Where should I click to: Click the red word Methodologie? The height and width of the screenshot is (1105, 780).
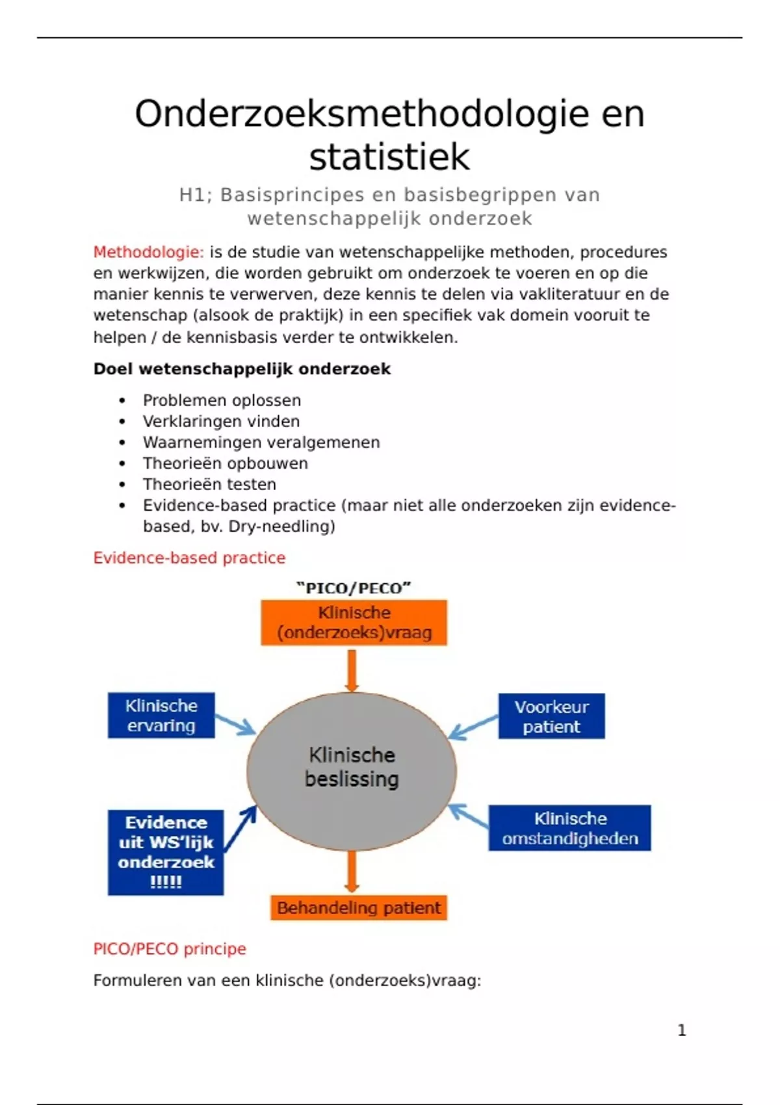click(x=148, y=252)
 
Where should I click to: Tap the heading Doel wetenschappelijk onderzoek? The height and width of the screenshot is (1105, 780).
click(x=242, y=369)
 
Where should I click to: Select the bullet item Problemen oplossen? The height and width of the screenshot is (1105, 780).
click(x=222, y=400)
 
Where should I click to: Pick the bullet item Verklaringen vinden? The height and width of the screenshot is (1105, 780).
click(x=221, y=421)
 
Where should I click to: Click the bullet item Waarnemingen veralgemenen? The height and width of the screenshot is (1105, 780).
click(x=261, y=443)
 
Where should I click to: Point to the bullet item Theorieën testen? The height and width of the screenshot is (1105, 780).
click(x=209, y=484)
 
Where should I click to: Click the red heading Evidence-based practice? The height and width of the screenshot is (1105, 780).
click(x=189, y=558)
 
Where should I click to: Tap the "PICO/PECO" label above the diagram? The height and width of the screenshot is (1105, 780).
click(x=354, y=588)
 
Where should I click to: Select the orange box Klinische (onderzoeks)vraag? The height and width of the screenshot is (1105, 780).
click(x=354, y=623)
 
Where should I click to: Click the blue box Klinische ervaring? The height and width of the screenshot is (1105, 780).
click(x=161, y=716)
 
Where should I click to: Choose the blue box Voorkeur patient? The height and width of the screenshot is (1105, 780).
click(x=551, y=716)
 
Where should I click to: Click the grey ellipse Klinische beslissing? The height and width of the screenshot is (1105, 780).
click(x=352, y=771)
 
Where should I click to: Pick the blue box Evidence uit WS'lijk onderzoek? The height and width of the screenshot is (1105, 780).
click(x=166, y=852)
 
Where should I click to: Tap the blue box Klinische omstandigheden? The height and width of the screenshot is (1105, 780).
click(x=569, y=828)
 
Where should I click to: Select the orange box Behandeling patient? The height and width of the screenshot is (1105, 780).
click(x=359, y=908)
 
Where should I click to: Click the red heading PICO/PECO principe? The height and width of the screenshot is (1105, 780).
click(x=170, y=949)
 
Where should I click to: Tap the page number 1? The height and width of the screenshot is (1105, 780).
click(x=682, y=1030)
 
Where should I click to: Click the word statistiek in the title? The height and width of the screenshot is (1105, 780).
click(x=389, y=157)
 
